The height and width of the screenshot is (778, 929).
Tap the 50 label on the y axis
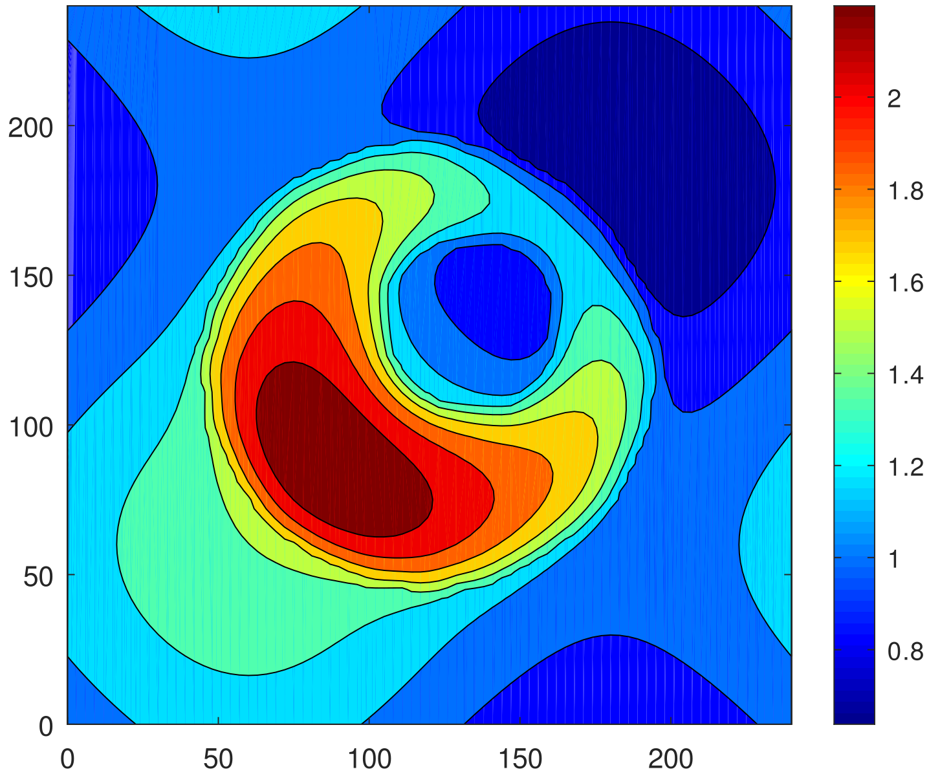[38, 577]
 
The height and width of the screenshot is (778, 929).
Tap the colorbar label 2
[893, 99]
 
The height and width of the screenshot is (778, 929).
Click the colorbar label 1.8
[904, 191]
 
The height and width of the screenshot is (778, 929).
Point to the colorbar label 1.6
[904, 284]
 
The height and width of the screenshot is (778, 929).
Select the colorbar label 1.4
[904, 376]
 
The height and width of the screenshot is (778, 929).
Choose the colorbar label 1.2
[904, 468]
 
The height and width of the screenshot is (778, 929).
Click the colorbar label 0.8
[904, 652]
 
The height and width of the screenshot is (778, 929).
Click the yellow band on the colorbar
[854, 283]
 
